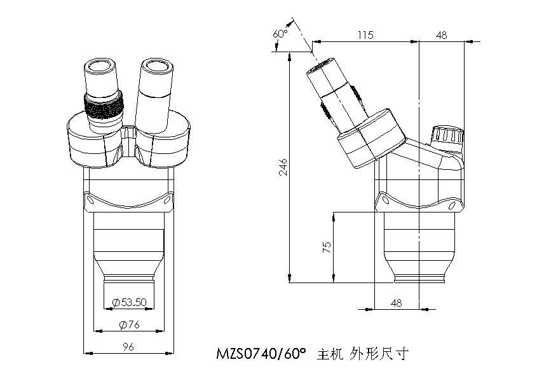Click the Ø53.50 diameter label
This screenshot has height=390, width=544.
(x=130, y=302)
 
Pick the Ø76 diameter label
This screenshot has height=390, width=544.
(x=130, y=324)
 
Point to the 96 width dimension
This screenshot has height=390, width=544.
(x=128, y=347)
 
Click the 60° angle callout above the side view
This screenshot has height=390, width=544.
(x=280, y=33)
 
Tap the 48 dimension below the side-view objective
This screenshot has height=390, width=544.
(x=397, y=303)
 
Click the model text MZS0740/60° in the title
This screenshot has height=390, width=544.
(x=261, y=352)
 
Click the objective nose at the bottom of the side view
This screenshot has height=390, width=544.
(x=419, y=276)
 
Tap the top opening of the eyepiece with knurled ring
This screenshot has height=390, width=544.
(x=101, y=66)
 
